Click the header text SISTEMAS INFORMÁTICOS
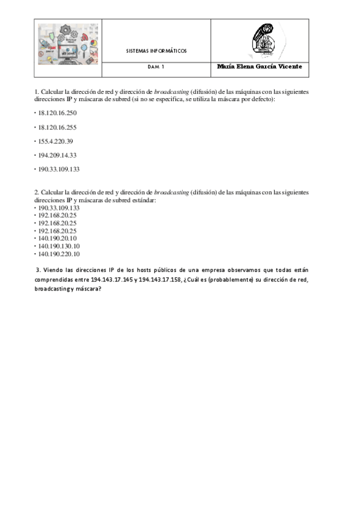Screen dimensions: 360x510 click(x=156, y=51)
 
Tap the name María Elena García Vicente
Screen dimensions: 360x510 click(x=259, y=67)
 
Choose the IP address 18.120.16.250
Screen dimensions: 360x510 click(x=57, y=113)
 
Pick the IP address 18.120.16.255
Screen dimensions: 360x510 click(x=57, y=127)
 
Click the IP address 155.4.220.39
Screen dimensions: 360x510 click(x=55, y=141)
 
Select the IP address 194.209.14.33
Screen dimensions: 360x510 click(x=57, y=155)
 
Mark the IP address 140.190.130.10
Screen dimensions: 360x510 click(x=59, y=246)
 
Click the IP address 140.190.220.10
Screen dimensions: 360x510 click(x=59, y=254)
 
